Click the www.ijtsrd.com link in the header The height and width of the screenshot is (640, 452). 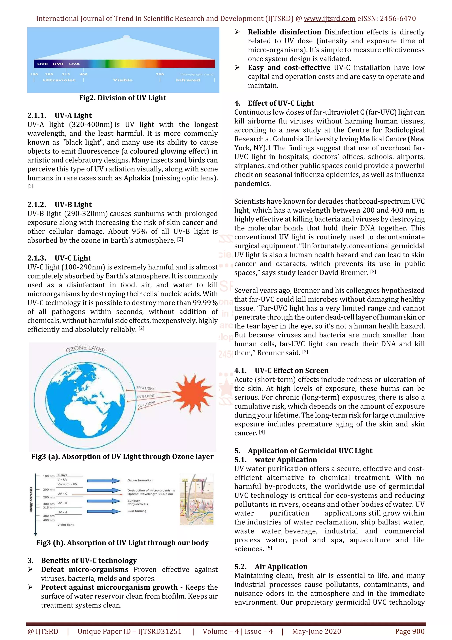[329, 19]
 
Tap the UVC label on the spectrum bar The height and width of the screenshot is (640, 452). [43, 64]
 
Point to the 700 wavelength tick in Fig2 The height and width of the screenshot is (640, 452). [160, 74]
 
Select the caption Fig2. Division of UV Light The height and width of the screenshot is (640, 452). [122, 98]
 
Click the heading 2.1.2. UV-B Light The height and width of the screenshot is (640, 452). [59, 204]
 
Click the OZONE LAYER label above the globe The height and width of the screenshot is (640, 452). [85, 349]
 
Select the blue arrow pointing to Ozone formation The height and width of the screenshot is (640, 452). [103, 481]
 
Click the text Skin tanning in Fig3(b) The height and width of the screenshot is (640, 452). [137, 511]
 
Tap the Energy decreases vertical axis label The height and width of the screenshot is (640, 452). [31, 500]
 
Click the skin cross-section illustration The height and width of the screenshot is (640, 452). [196, 500]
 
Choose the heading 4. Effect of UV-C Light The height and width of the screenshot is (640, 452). [274, 103]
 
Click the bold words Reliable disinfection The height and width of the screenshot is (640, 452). [284, 32]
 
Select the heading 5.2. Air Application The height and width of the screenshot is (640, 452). [271, 567]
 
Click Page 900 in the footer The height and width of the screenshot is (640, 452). [409, 631]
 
